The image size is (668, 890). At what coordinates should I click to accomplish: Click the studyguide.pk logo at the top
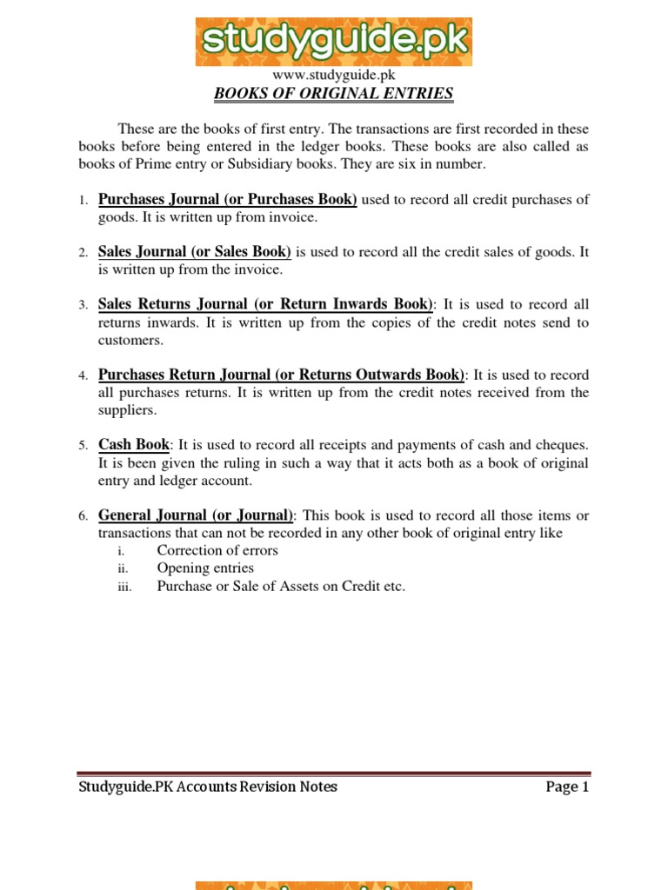(x=334, y=41)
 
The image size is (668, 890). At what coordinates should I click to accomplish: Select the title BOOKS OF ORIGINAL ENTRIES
(x=334, y=94)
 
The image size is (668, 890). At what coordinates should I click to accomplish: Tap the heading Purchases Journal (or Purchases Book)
(x=228, y=199)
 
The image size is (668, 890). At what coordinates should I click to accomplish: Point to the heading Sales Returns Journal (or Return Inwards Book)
(x=265, y=304)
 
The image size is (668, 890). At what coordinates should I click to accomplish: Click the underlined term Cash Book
(x=133, y=444)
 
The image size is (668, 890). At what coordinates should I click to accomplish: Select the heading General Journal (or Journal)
(x=197, y=515)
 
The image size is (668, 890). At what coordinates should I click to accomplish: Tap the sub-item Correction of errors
(x=217, y=550)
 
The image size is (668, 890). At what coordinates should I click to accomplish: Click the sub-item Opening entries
(x=205, y=568)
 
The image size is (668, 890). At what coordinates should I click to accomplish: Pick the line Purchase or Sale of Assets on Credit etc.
(x=281, y=586)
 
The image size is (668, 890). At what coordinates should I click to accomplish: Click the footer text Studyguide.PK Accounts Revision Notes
(x=208, y=787)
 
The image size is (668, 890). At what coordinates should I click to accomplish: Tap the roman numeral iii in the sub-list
(x=124, y=587)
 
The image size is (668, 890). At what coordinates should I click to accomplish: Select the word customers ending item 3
(x=130, y=340)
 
